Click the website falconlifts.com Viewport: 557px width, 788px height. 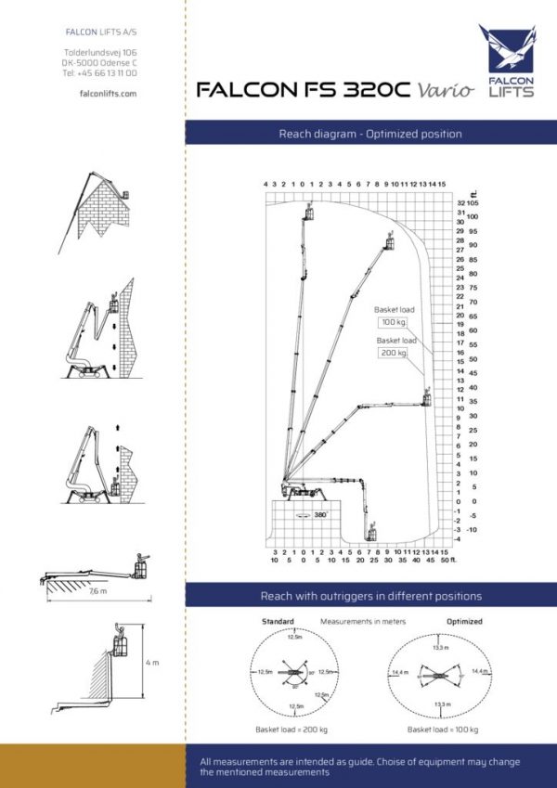tap(101, 94)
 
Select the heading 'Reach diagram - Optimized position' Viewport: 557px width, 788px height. tap(369, 134)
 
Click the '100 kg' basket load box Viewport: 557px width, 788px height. tap(393, 322)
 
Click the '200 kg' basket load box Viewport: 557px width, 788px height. tap(393, 353)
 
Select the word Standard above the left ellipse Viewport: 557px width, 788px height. tap(277, 621)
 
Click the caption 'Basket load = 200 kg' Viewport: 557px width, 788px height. tap(290, 730)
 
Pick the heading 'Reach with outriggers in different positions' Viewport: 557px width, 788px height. tap(369, 595)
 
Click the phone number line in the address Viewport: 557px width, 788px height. tap(99, 72)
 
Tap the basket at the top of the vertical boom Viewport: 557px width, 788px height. tap(309, 214)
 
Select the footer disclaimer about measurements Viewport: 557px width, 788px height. tap(359, 767)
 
